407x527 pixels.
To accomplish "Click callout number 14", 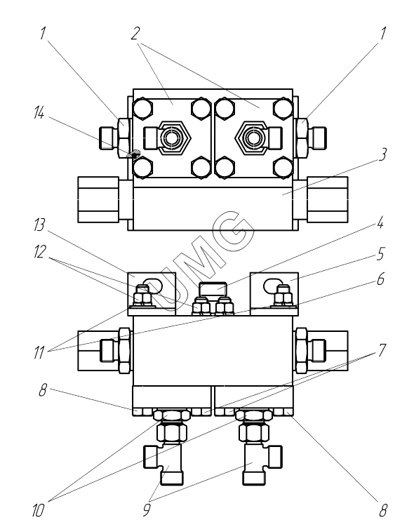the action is click(x=39, y=114).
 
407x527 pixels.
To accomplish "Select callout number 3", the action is click(x=382, y=154).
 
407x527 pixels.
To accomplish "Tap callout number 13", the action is click(x=39, y=225).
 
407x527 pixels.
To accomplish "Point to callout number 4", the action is click(x=380, y=223).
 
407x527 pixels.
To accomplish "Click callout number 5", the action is click(x=380, y=254).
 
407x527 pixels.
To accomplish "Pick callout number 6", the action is click(x=380, y=279).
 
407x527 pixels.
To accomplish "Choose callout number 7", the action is click(x=382, y=351).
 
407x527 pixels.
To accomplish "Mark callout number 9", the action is click(x=147, y=511).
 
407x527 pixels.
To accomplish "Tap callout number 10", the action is click(x=38, y=511).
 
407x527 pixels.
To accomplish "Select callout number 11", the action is click(x=39, y=352).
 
